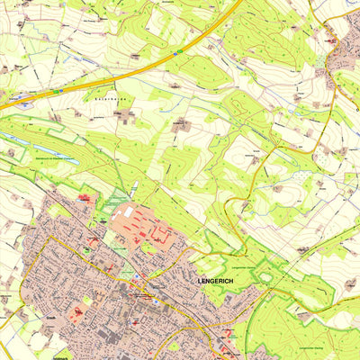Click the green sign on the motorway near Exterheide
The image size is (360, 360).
tap(60, 90)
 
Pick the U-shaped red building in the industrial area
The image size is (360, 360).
tap(160, 237)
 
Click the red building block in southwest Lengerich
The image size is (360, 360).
tap(76, 315)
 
